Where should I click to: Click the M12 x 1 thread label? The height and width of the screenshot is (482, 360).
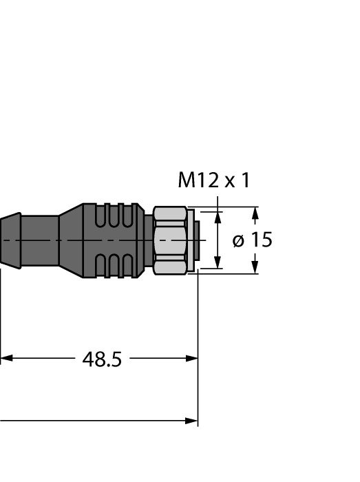pos(214,180)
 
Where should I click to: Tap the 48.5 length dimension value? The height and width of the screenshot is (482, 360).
pos(102,359)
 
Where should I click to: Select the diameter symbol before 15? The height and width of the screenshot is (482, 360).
pos(238,240)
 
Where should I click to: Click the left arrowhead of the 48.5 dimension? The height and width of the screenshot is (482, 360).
pos(6,359)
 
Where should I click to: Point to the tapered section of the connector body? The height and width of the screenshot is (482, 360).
pos(70,240)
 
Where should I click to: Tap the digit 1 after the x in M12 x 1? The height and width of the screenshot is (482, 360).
pos(245,180)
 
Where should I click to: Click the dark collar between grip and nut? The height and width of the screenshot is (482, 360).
pos(148,240)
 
